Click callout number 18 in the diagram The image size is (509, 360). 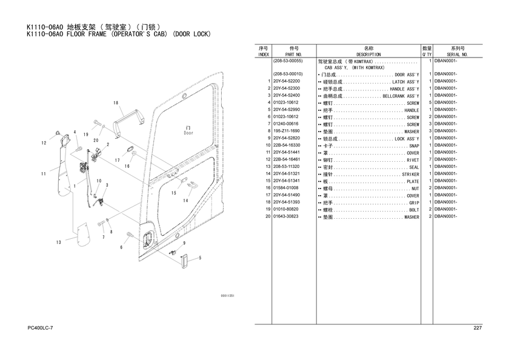tap(115, 104)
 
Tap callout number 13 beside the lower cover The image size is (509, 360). tap(59, 242)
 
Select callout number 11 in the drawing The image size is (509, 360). tap(43, 175)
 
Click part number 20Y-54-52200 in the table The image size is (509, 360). tap(286, 81)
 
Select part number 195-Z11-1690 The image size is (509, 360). tap(286, 131)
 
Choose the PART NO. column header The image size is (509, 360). tap(294, 55)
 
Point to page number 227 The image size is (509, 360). tap(477, 328)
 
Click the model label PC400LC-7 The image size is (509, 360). tap(41, 328)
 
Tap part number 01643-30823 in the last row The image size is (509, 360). tap(286, 216)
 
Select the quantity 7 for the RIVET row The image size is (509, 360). tap(429, 159)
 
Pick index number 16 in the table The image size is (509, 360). tap(267, 188)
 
